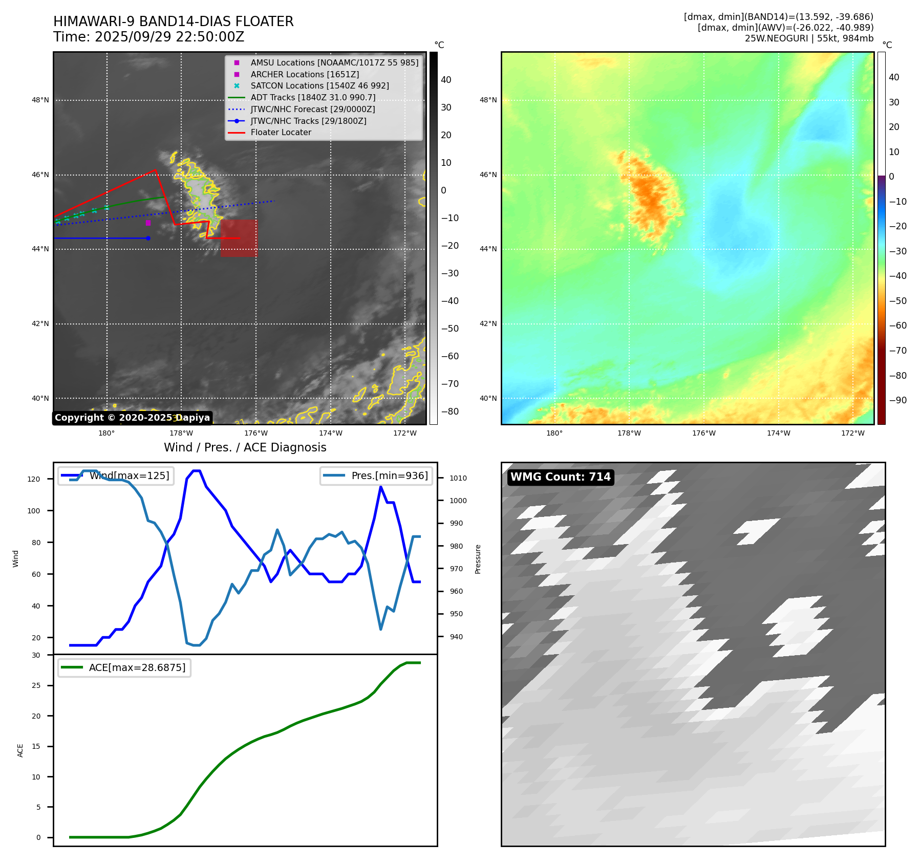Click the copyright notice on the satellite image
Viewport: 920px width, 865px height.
tap(132, 418)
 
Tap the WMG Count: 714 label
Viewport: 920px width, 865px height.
tap(560, 477)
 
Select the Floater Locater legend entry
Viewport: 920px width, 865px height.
tap(281, 133)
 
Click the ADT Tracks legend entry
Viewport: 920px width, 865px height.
tap(313, 97)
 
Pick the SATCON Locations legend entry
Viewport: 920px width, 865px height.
tap(319, 85)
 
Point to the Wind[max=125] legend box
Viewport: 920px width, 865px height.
tap(116, 475)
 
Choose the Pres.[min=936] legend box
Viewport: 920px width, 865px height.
tap(376, 475)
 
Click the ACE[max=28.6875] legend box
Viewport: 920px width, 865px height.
tap(124, 667)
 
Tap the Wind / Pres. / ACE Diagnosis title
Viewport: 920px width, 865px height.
tap(245, 447)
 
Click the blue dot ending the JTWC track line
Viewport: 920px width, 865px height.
tap(148, 238)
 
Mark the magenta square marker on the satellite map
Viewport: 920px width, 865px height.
tap(148, 223)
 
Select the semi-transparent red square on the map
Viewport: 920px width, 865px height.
tap(239, 238)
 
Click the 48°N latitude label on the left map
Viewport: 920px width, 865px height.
tap(40, 100)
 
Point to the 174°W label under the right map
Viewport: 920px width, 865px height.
tap(778, 433)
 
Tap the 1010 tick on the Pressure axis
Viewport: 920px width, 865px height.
tap(458, 478)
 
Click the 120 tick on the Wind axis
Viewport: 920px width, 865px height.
tap(34, 479)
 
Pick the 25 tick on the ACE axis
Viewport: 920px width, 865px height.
tap(36, 685)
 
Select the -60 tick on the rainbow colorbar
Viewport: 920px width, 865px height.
tap(897, 326)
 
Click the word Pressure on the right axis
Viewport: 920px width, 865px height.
tap(478, 559)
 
